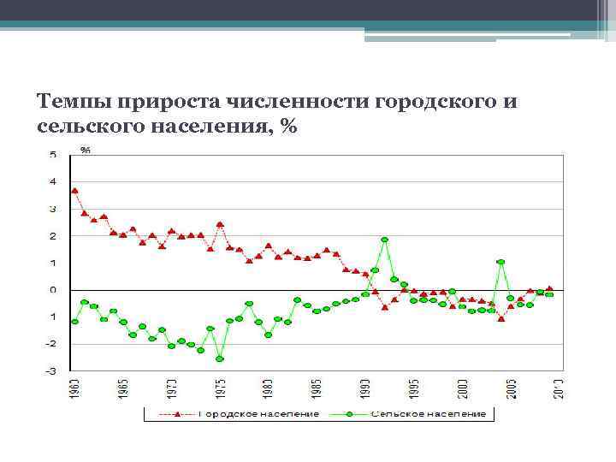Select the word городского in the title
[x=435, y=101]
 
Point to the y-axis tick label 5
[x=54, y=154]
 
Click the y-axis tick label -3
[x=52, y=370]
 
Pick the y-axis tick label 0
[x=54, y=290]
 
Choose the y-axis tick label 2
[x=54, y=236]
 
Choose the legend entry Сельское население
[x=428, y=414]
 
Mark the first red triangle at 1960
[x=74, y=191]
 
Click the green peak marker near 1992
[x=385, y=240]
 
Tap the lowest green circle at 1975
[x=220, y=358]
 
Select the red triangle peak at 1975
[x=220, y=224]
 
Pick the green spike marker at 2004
[x=500, y=262]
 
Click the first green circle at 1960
[x=74, y=322]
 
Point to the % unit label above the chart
[x=86, y=150]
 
